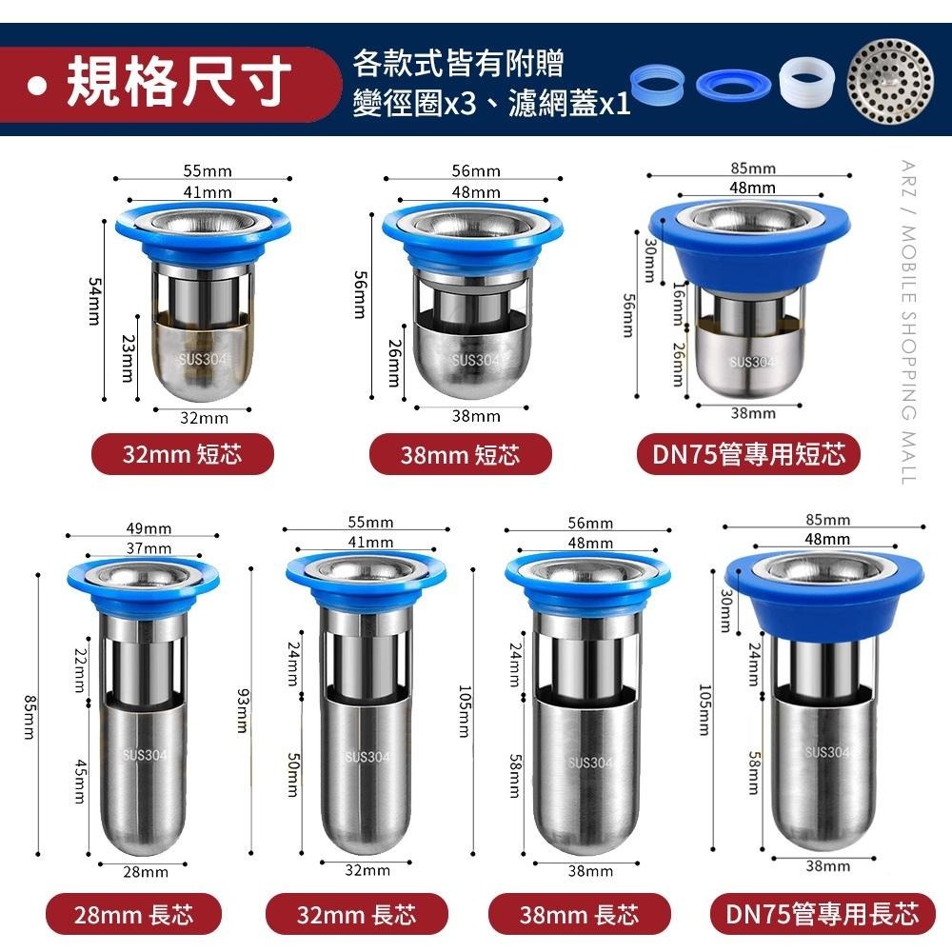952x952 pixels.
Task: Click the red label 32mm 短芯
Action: click(183, 455)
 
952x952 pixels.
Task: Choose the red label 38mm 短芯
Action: click(461, 455)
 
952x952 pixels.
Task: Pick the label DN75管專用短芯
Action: click(748, 455)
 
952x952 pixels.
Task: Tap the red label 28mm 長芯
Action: click(134, 916)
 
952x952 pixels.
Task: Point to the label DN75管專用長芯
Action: click(823, 916)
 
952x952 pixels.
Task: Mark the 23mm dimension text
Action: click(127, 361)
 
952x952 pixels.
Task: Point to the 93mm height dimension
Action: click(242, 711)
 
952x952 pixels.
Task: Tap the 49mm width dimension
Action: click(149, 528)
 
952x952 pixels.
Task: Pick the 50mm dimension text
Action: click(293, 773)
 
